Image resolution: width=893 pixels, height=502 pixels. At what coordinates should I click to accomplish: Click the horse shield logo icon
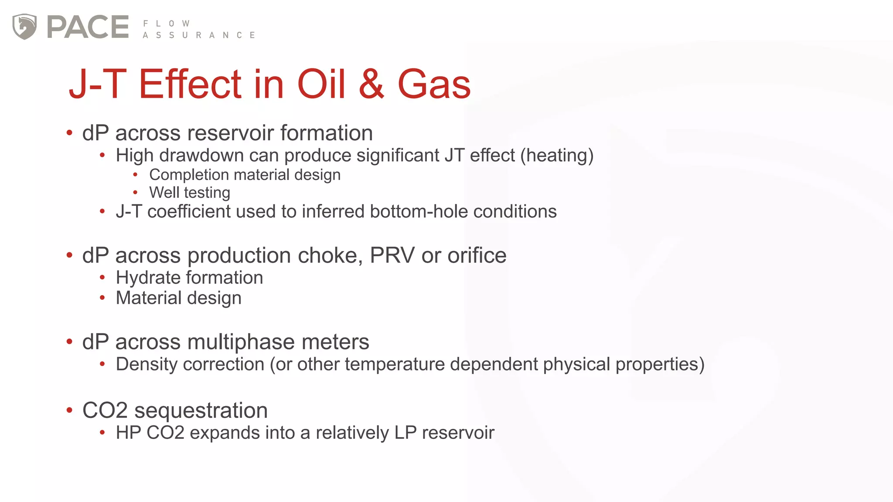click(24, 27)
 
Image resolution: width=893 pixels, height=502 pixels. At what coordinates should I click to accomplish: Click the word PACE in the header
click(88, 27)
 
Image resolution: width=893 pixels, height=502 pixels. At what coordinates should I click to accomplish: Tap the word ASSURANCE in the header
click(199, 35)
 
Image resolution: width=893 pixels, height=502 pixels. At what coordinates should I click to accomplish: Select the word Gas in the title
click(434, 84)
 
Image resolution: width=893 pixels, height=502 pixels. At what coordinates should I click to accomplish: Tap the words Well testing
click(190, 193)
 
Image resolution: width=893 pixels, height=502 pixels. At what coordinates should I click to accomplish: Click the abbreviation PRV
click(392, 255)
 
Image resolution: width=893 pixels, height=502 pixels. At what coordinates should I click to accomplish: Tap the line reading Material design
click(178, 298)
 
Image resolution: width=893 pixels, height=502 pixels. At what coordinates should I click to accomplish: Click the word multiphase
click(241, 342)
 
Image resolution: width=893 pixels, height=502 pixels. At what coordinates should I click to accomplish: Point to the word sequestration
click(201, 410)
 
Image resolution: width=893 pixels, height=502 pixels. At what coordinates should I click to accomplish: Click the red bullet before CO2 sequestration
click(69, 410)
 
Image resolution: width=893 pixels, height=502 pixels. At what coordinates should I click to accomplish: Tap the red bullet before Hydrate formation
click(102, 277)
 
